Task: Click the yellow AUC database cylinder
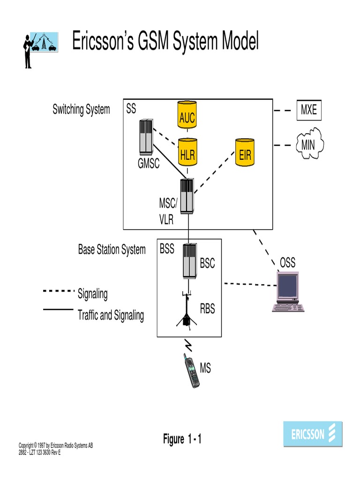(187, 114)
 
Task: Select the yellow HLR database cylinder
(187, 151)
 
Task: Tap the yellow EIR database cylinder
(245, 151)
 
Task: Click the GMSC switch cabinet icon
(146, 137)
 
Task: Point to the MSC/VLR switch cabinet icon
(187, 196)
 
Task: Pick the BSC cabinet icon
(190, 261)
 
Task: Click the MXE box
(308, 111)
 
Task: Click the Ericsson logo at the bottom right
(313, 434)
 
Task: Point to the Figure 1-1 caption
(182, 439)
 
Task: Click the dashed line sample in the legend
(59, 291)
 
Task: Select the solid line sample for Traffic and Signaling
(59, 309)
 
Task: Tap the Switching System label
(81, 110)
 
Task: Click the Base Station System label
(112, 250)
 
